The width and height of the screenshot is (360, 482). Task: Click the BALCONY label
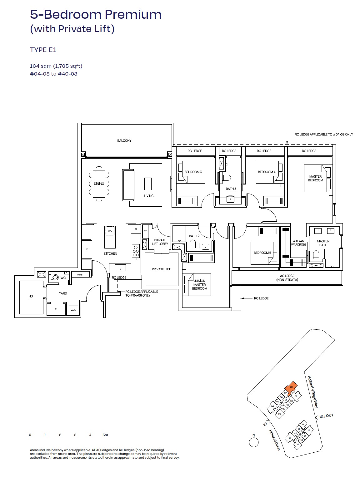[124, 140]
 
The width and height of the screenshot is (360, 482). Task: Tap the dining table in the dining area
[99, 184]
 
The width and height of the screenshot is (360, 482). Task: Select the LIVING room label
[149, 196]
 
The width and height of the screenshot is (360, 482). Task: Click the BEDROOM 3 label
[193, 172]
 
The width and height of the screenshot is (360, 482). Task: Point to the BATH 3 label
[231, 189]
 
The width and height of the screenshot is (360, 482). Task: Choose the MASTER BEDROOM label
[315, 178]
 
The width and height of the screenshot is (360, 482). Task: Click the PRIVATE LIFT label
[161, 269]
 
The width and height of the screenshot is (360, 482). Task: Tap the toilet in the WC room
[55, 277]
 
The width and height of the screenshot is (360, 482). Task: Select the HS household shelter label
[31, 296]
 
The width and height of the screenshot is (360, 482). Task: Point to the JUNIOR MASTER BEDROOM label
[199, 285]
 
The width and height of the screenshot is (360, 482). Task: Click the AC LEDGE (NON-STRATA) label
[287, 278]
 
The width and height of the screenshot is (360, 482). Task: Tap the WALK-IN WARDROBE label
[298, 243]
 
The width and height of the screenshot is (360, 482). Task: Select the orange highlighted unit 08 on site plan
[291, 388]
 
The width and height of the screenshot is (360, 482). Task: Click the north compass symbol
[254, 442]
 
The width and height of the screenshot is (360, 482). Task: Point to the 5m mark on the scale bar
[105, 435]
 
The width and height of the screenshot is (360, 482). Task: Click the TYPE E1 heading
[43, 50]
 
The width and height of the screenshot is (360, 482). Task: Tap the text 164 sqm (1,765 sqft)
[56, 66]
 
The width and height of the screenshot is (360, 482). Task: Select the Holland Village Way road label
[313, 392]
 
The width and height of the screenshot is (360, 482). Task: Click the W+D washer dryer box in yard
[73, 310]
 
